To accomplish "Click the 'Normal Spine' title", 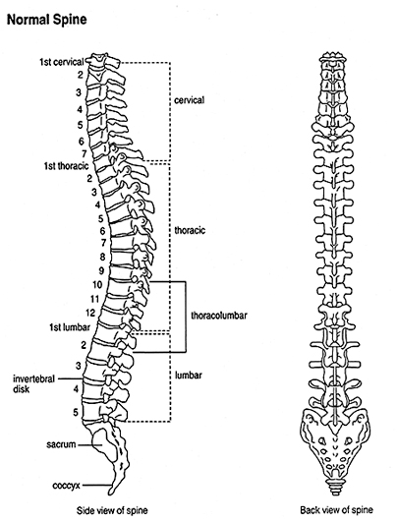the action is tap(46, 20).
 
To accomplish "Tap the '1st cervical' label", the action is tap(62, 62).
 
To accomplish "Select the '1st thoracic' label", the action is tap(67, 165).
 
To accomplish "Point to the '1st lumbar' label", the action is tap(70, 327).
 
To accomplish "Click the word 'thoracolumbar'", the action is tap(219, 316).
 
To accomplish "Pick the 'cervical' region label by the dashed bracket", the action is tap(190, 100).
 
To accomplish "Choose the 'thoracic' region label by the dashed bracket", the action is tap(190, 230).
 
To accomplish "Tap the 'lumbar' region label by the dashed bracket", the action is tap(189, 376).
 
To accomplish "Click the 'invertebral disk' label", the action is tap(33, 384).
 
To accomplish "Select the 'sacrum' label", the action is tap(61, 444).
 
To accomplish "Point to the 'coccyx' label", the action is tap(67, 486).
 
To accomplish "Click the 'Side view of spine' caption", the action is tap(112, 510).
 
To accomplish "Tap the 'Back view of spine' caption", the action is tap(337, 510).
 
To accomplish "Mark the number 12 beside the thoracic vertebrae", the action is tap(90, 313).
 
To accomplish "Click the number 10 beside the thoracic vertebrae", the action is tap(97, 284).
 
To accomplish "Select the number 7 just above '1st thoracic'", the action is tap(85, 153).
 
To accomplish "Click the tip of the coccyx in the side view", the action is tap(111, 493).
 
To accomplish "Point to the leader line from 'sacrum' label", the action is tap(85, 444).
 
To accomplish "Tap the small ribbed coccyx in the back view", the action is tap(336, 488).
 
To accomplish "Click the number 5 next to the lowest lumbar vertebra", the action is tap(76, 412).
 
